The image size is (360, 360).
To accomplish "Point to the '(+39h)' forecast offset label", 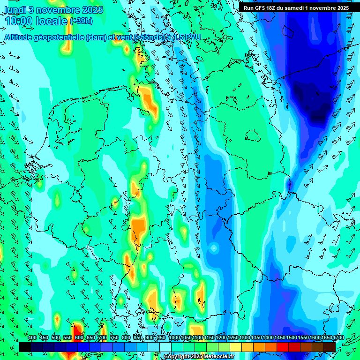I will click(x=81, y=21).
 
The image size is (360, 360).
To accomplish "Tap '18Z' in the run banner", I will click(x=272, y=8).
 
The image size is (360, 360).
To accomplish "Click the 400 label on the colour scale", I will click(x=32, y=338).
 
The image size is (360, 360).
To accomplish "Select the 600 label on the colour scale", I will click(x=79, y=338).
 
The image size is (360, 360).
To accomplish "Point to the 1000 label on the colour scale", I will click(x=174, y=338).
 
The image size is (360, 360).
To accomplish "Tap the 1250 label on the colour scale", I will click(x=233, y=338).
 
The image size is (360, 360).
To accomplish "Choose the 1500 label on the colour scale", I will click(x=292, y=338).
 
